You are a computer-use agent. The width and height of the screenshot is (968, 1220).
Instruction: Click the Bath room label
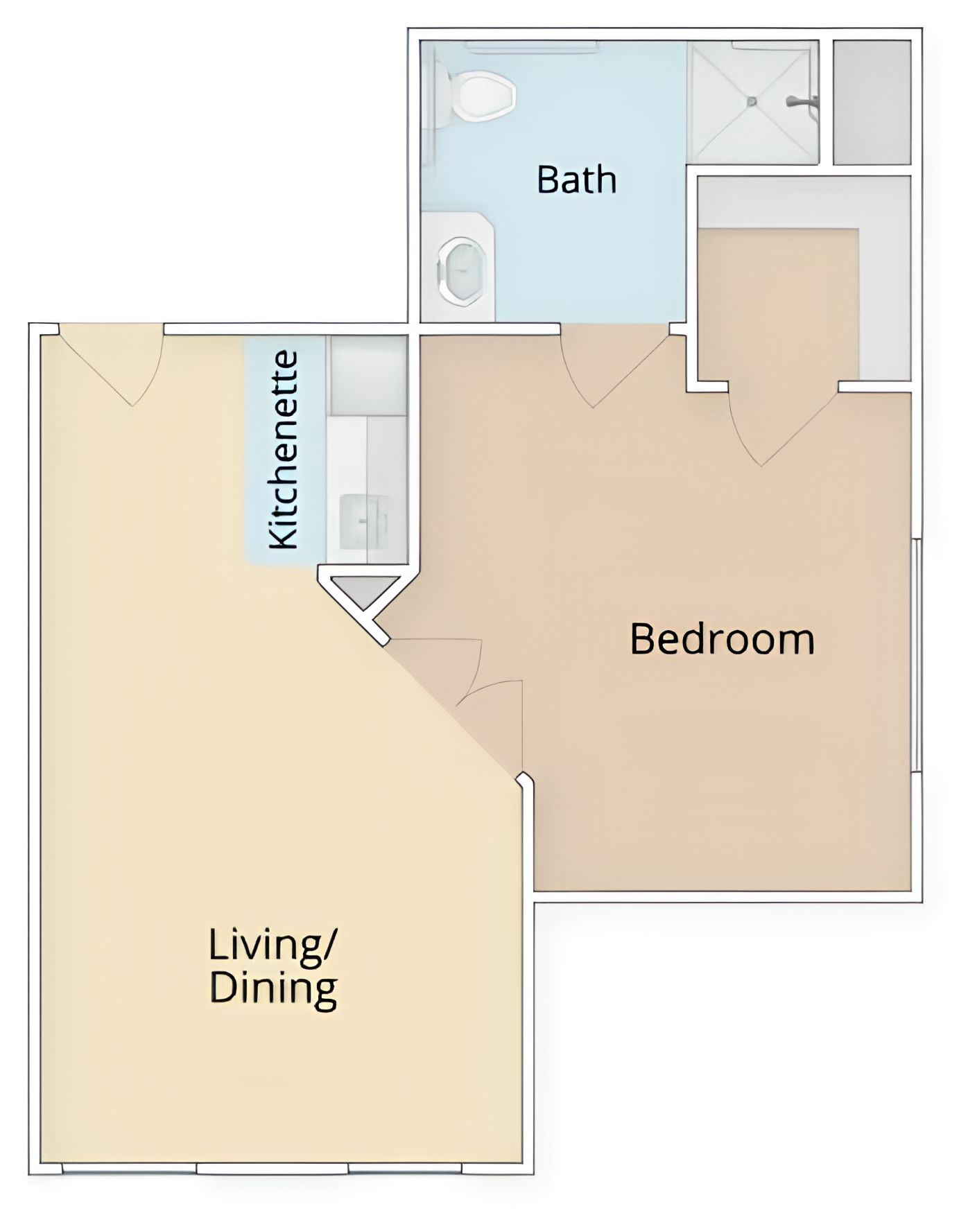pyautogui.click(x=577, y=180)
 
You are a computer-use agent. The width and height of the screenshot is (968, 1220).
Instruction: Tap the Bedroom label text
pyautogui.click(x=722, y=639)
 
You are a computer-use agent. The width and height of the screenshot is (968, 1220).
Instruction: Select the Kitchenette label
pyautogui.click(x=284, y=451)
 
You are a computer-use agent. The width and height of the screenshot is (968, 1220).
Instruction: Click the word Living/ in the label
pyautogui.click(x=273, y=946)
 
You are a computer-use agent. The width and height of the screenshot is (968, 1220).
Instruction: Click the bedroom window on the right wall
pyautogui.click(x=916, y=655)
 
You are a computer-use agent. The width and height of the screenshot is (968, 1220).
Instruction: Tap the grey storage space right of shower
pyautogui.click(x=872, y=103)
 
